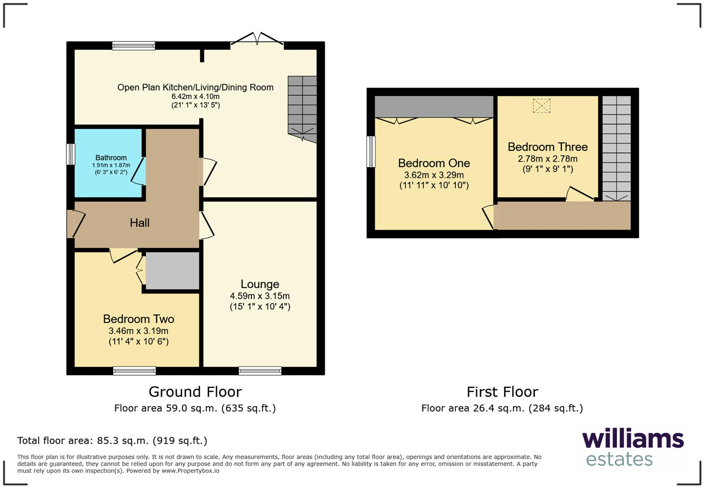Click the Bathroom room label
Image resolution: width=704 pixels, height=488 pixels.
[x=111, y=158]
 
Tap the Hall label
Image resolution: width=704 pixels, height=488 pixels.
[x=139, y=223]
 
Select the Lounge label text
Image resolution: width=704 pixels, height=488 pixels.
[x=260, y=284]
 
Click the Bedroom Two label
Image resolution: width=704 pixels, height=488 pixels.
[x=138, y=319]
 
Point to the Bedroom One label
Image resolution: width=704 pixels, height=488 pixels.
[x=433, y=163]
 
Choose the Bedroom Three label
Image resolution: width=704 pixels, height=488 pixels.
[x=548, y=147]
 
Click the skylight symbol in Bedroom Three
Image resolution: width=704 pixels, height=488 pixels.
[x=542, y=106]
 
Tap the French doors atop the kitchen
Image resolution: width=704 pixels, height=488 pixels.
[x=257, y=41]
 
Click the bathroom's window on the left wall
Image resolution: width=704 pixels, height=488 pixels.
[x=70, y=154]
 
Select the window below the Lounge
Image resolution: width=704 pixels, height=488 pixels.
[x=260, y=371]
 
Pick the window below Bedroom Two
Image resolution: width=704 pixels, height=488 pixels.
[x=134, y=371]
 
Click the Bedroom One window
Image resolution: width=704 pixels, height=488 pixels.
[x=371, y=151]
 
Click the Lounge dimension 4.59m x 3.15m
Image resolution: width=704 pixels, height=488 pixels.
[x=260, y=296]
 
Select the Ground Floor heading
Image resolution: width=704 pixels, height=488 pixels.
[x=195, y=392]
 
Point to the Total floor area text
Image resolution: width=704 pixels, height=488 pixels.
[x=112, y=441]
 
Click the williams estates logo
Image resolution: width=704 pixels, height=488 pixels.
[x=632, y=447]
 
